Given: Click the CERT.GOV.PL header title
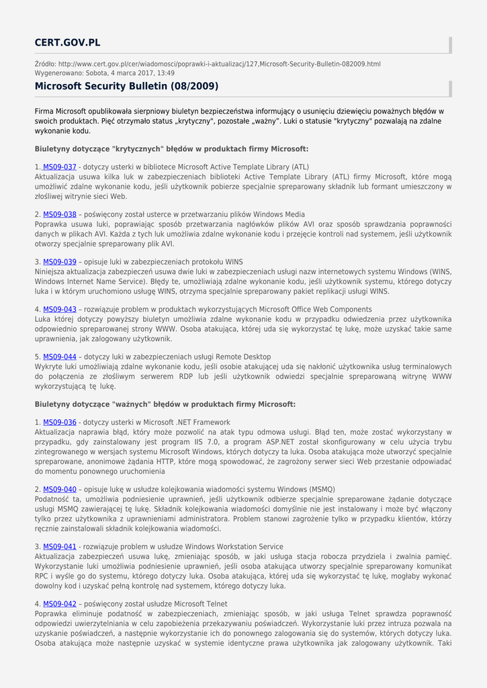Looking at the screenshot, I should [67, 43].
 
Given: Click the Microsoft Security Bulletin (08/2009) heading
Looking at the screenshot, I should [126, 87].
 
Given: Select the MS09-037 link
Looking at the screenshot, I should [60, 167].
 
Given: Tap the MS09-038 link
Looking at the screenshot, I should [60, 214].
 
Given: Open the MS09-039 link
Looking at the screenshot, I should [60, 261].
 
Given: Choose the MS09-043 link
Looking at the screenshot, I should [60, 309].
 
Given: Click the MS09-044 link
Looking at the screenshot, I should [60, 357].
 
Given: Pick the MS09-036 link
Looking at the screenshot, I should [60, 422].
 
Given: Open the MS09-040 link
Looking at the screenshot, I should [60, 490].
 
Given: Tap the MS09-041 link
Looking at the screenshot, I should [60, 547].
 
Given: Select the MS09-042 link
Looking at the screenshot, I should [60, 604].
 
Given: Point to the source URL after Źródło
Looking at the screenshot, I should [220, 64].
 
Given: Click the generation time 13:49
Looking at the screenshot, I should [166, 73].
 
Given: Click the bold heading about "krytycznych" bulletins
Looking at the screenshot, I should [171, 148].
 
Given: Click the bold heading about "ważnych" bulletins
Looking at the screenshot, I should [165, 404].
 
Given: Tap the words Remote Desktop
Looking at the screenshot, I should [240, 357].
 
